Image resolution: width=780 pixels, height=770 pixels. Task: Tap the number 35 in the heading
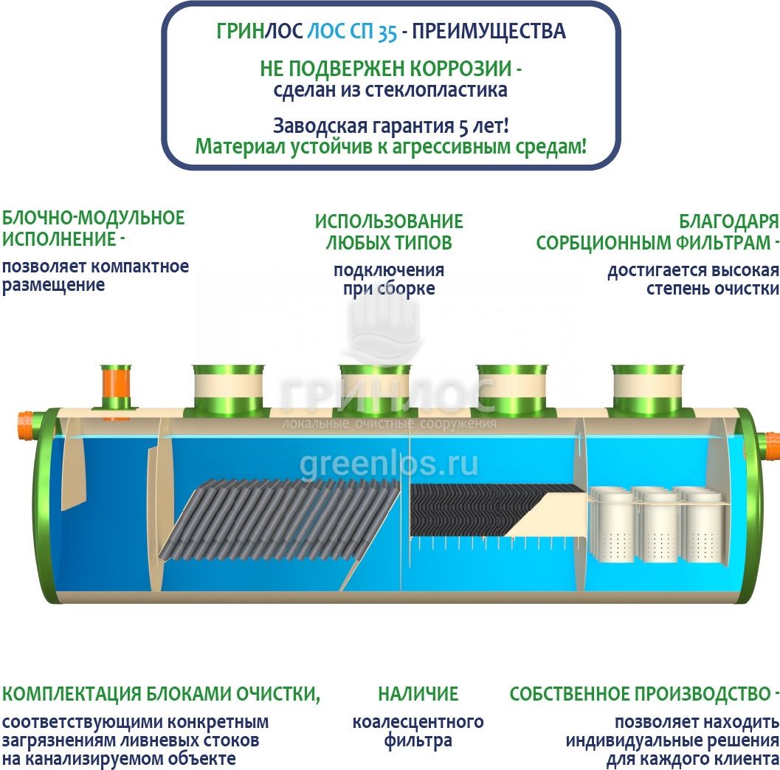click(387, 32)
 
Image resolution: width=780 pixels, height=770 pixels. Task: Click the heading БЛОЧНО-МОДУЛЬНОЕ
click(93, 219)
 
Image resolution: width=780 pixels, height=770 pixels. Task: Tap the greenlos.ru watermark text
click(388, 464)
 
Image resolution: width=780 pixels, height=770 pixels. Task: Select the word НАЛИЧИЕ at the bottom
click(418, 694)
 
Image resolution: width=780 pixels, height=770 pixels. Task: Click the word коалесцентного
click(418, 722)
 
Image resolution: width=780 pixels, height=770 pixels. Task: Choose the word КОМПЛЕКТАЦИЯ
click(72, 694)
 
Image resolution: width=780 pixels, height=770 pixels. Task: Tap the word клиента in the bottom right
click(748, 757)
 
